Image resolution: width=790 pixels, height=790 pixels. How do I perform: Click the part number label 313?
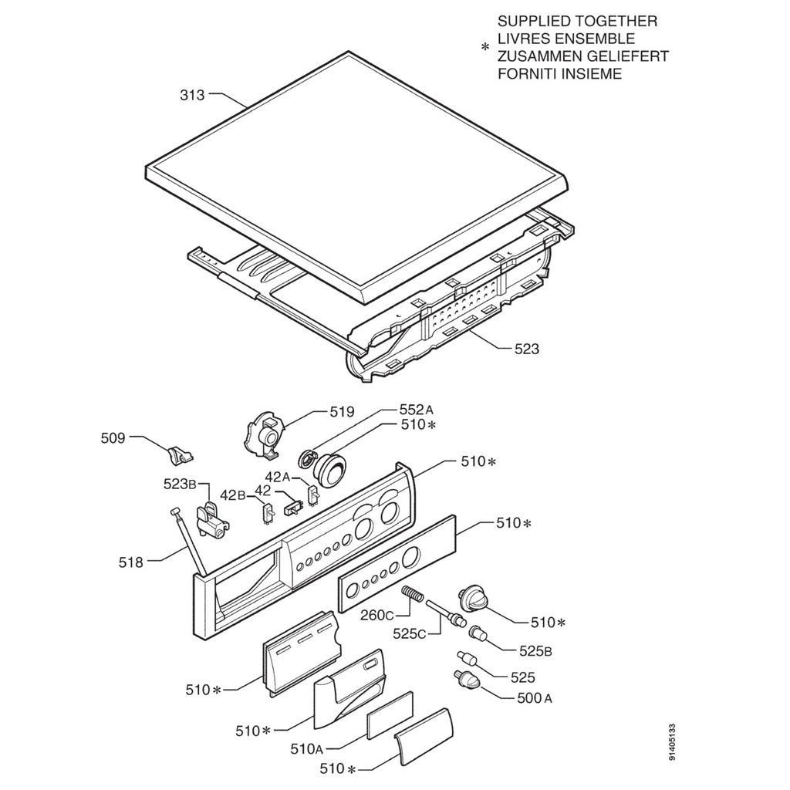click(192, 96)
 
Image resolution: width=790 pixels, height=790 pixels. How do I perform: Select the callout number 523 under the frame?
click(527, 349)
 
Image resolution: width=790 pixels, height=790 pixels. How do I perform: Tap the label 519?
click(341, 412)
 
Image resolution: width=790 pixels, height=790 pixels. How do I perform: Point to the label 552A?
click(417, 410)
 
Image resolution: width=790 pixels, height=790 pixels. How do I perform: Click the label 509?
click(113, 438)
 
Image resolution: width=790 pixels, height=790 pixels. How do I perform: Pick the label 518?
click(131, 562)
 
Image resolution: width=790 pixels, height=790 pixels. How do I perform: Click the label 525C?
click(410, 633)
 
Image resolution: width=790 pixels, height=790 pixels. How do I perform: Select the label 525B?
click(535, 651)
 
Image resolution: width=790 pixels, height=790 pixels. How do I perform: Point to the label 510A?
click(307, 748)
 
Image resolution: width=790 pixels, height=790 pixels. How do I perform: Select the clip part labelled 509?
click(179, 454)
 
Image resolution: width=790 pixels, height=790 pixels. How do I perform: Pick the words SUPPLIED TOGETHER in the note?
click(577, 21)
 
